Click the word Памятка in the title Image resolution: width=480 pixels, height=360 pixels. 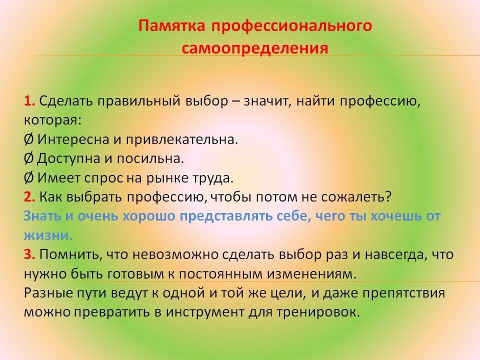point(171,25)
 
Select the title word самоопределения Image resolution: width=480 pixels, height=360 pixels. point(254,48)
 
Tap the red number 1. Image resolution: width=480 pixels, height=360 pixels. point(29,101)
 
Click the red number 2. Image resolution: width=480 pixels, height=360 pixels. point(29,197)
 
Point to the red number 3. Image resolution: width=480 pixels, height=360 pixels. point(29,254)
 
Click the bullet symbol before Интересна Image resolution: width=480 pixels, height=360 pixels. point(28,139)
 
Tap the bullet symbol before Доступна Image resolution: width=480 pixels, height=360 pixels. point(28,158)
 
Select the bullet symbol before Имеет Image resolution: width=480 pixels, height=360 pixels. point(28,178)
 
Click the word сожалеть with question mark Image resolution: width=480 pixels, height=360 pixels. point(356,197)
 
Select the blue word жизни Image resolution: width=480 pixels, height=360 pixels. point(48,235)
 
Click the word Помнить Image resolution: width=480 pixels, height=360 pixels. point(70,255)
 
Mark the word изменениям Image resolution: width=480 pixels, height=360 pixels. point(311,273)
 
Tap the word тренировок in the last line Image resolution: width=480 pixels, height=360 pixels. point(318,312)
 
